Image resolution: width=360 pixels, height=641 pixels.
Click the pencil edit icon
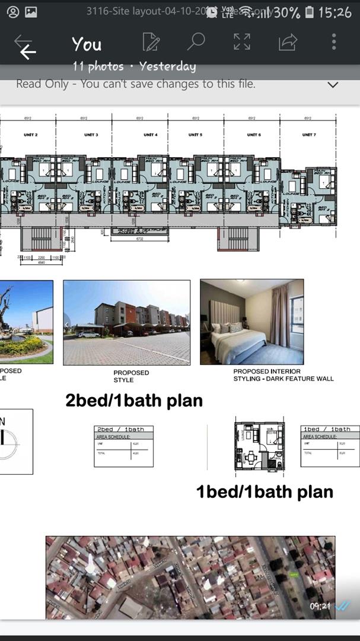coord(151,42)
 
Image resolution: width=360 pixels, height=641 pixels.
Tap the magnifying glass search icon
coord(195,42)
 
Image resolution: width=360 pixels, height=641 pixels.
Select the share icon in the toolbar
coord(288,42)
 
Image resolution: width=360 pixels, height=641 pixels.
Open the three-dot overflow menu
coord(334,42)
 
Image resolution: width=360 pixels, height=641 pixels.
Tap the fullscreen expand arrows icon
coord(242,42)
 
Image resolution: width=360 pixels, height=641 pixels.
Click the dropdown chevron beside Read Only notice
coord(333,85)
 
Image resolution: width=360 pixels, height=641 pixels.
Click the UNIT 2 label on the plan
coord(31,135)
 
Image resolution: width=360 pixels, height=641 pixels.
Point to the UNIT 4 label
coord(151,135)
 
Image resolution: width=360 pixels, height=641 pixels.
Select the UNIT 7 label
coord(308,135)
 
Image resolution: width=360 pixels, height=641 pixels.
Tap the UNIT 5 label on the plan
coord(195,135)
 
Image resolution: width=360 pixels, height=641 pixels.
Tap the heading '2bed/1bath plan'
coord(134,401)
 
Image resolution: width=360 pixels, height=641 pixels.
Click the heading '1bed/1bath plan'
coord(265,491)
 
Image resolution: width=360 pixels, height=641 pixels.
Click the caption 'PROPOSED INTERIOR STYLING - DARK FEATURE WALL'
coord(283,375)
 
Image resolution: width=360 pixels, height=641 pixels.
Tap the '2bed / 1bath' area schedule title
coord(123,429)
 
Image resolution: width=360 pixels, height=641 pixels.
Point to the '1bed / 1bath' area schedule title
coord(329,429)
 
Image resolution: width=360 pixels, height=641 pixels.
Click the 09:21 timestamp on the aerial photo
coord(320,607)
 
